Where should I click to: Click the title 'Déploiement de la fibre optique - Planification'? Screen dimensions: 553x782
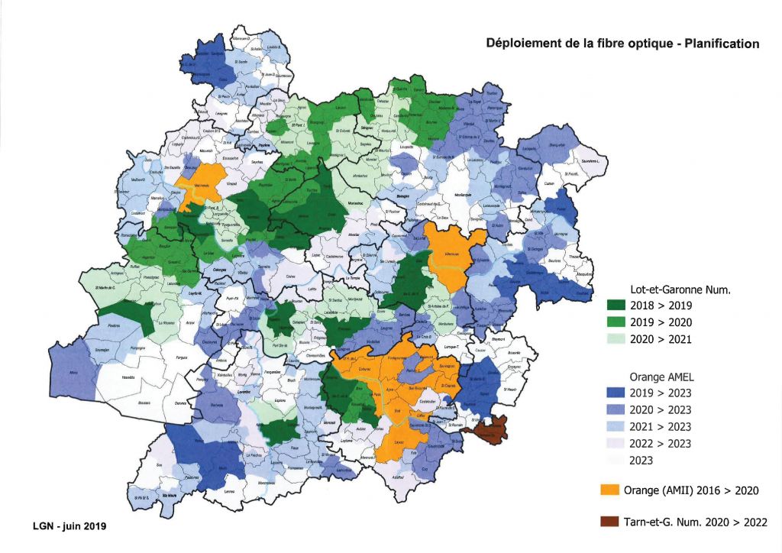tap(622, 44)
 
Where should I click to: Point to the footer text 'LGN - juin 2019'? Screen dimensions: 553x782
tap(69, 526)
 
